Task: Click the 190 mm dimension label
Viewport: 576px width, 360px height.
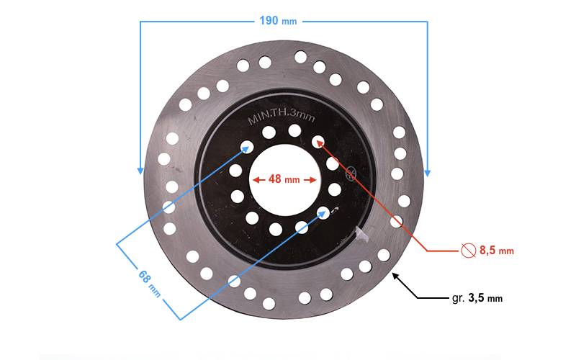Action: pos(278,21)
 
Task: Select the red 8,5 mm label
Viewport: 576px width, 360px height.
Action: pos(496,251)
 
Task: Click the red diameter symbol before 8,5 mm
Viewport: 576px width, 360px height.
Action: pos(468,251)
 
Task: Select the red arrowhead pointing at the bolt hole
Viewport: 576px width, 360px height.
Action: pos(318,143)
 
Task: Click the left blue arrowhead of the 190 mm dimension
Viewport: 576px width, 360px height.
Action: pos(140,171)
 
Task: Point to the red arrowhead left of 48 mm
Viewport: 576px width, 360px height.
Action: pos(254,180)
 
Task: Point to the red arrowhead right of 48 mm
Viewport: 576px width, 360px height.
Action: pos(314,180)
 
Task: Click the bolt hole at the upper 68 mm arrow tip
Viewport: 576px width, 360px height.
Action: pos(247,148)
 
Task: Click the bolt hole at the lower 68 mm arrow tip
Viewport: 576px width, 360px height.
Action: pos(323,212)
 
